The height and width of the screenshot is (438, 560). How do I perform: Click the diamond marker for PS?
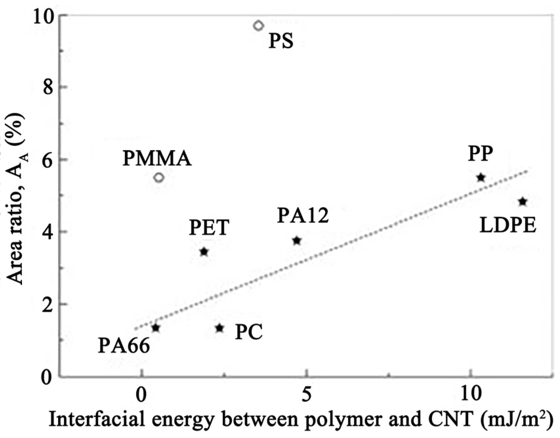(x=259, y=25)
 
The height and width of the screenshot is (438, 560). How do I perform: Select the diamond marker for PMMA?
(x=159, y=177)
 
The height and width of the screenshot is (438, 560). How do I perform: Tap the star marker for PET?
(x=204, y=252)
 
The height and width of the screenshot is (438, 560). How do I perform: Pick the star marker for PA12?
(x=297, y=241)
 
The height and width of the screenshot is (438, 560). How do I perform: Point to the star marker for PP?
(x=481, y=177)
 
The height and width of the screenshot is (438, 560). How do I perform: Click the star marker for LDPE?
(x=523, y=202)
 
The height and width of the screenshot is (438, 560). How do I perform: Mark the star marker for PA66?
(x=156, y=327)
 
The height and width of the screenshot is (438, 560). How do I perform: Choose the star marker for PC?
(x=220, y=328)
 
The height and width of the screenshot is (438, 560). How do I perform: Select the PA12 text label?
(x=303, y=216)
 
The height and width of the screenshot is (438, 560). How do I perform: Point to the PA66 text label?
(x=124, y=346)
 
